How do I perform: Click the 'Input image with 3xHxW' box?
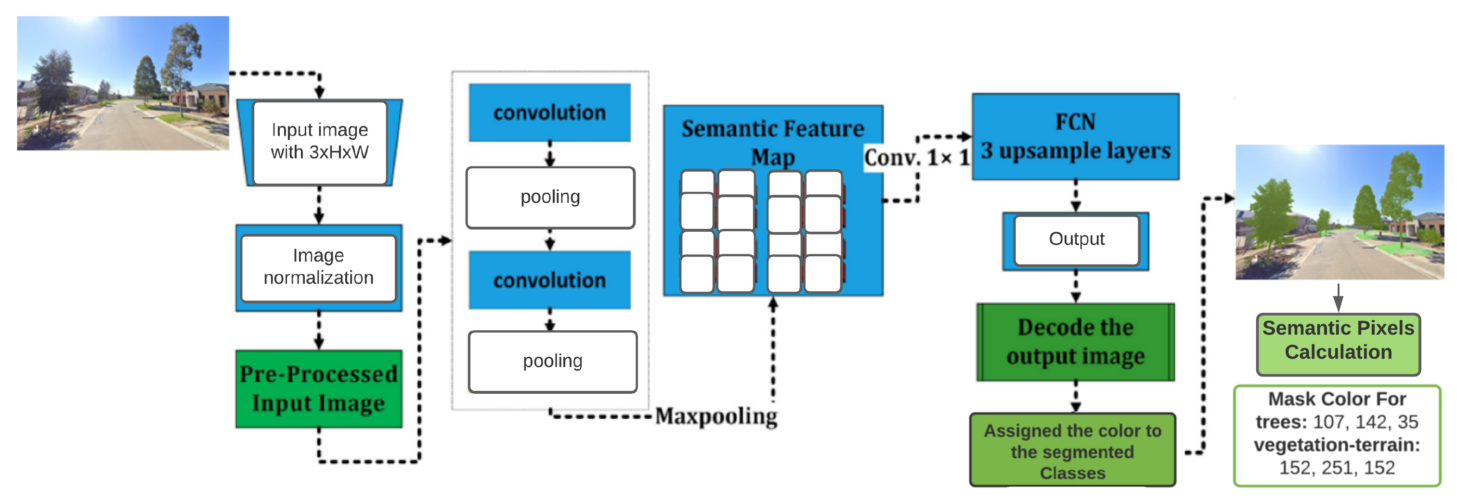click(x=320, y=142)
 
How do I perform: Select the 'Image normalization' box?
click(x=318, y=267)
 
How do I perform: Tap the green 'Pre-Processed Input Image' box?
click(x=318, y=388)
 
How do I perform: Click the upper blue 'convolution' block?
click(x=549, y=112)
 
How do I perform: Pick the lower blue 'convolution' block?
click(x=549, y=280)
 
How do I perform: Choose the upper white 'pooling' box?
click(x=550, y=197)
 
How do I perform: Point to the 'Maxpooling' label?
click(x=716, y=416)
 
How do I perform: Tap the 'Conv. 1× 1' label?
click(x=917, y=158)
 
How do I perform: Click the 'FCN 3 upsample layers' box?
click(x=1075, y=137)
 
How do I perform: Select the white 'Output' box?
click(x=1076, y=239)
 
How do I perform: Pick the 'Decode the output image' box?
click(x=1075, y=342)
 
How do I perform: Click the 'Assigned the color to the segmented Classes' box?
click(x=1072, y=451)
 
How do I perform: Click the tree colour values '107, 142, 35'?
click(x=1365, y=422)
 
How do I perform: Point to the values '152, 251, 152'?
click(x=1337, y=468)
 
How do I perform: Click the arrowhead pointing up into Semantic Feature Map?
click(x=773, y=303)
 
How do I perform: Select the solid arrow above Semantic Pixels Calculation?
click(x=1338, y=298)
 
